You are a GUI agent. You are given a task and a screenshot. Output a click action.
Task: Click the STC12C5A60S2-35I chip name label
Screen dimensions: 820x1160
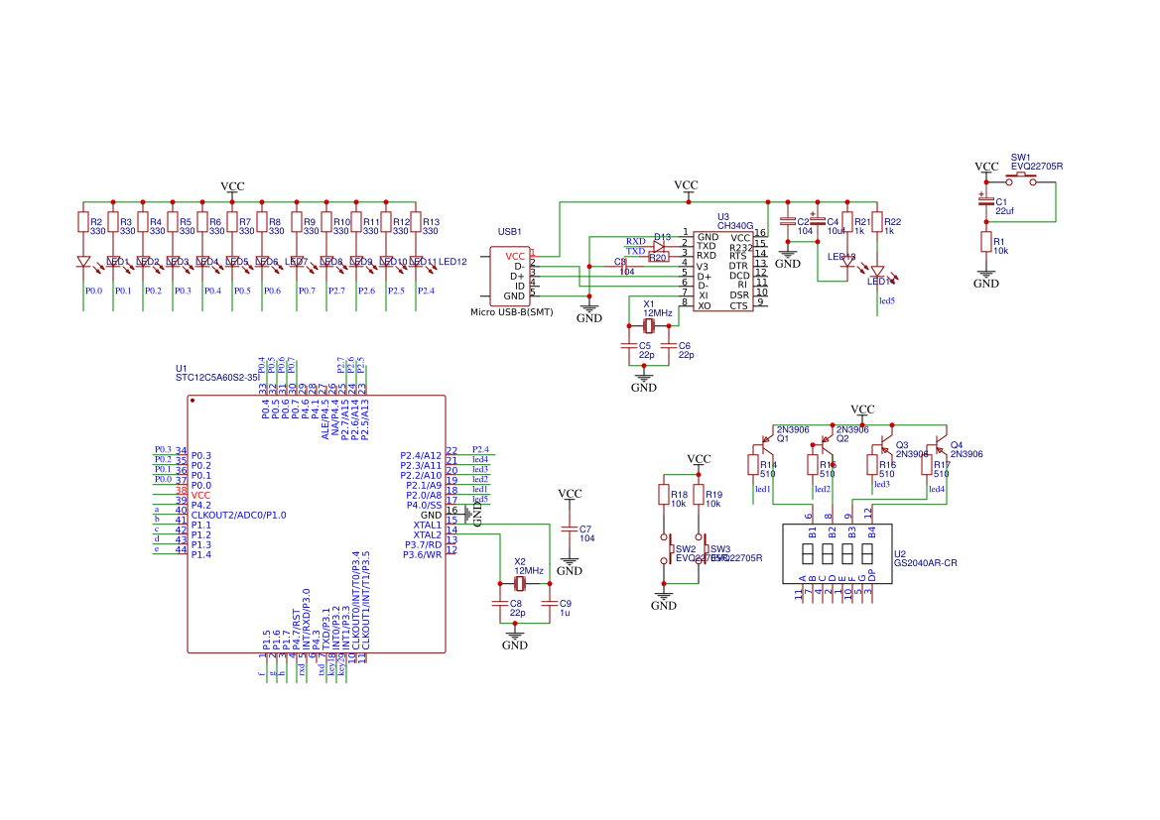(217, 378)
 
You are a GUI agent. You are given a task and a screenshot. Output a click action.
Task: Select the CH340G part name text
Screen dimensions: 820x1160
(735, 226)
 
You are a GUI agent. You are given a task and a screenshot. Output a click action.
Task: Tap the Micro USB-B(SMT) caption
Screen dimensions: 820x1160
(511, 312)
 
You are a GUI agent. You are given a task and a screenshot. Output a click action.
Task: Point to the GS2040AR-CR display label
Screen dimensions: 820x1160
(925, 563)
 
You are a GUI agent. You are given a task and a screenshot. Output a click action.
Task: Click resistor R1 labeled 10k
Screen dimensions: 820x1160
(985, 243)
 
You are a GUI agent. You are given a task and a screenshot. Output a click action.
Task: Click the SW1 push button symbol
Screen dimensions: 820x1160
(1021, 178)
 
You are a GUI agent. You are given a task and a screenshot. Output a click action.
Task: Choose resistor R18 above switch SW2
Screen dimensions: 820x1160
(664, 496)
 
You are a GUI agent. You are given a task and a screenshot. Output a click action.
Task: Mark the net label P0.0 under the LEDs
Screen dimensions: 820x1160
(93, 292)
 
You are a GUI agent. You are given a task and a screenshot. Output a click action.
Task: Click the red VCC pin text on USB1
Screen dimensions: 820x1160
(515, 256)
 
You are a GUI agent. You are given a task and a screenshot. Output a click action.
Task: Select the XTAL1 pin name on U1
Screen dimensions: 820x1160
(427, 525)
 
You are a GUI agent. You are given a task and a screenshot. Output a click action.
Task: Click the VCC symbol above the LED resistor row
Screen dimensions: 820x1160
(232, 187)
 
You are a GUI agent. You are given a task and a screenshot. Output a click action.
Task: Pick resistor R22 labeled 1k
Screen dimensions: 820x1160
(877, 224)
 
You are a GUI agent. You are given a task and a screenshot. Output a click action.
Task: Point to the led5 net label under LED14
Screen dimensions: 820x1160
(887, 300)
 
